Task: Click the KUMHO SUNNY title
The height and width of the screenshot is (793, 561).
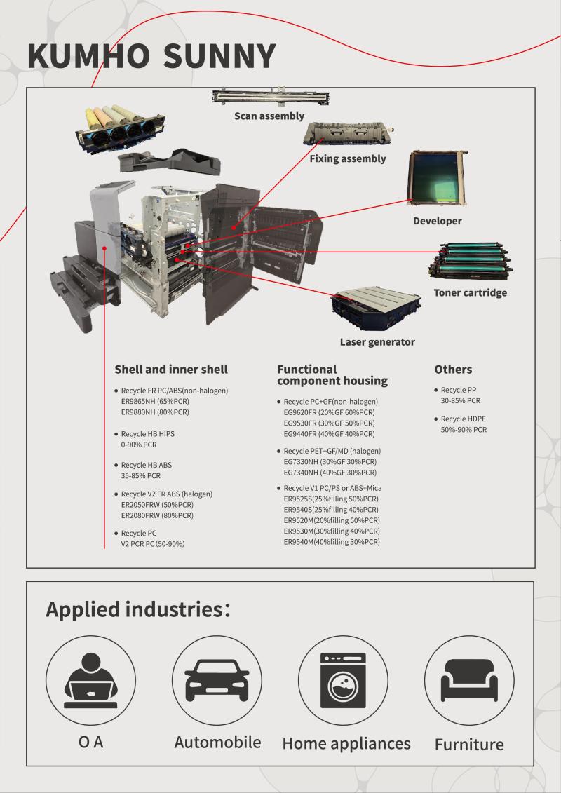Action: click(151, 55)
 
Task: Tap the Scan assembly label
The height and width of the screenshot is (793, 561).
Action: click(269, 116)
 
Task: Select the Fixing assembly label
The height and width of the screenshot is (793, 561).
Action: click(348, 158)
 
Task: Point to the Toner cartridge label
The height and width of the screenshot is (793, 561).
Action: click(470, 292)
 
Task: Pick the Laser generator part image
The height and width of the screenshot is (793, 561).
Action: click(378, 304)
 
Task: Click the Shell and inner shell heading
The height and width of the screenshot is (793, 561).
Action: click(170, 369)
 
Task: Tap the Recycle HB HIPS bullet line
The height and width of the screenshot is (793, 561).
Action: click(147, 434)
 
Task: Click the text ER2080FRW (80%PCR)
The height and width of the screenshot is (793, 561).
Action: click(157, 515)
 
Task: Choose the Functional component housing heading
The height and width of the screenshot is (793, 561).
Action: click(332, 374)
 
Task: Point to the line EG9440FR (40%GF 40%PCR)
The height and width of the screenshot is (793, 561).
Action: click(329, 434)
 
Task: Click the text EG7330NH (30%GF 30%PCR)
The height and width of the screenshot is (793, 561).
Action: click(329, 461)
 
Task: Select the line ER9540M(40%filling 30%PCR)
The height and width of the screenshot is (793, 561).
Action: click(332, 542)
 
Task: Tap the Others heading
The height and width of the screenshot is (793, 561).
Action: click(453, 369)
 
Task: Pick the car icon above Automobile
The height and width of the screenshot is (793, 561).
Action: click(217, 681)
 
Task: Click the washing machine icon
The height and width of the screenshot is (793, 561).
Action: click(343, 681)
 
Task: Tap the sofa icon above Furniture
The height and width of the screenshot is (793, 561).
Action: click(469, 681)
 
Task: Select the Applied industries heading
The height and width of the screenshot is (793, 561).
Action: click(138, 609)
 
